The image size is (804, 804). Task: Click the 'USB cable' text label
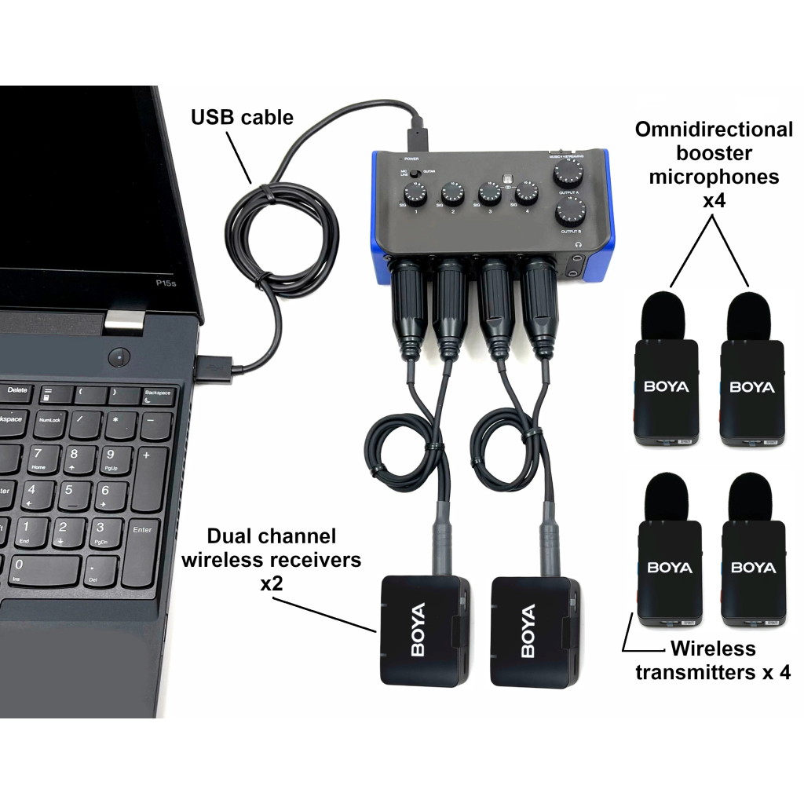click(x=242, y=118)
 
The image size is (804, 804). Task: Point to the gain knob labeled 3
click(x=490, y=193)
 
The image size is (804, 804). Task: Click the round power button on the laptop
click(x=119, y=357)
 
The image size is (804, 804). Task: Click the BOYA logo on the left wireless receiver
click(x=418, y=630)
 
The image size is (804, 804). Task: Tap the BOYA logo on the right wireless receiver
click(x=528, y=630)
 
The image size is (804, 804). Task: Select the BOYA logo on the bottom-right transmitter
click(x=752, y=568)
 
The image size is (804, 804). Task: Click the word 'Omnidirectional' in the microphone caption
click(x=714, y=130)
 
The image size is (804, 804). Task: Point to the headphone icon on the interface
click(x=579, y=246)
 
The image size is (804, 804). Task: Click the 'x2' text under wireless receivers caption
click(x=271, y=583)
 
